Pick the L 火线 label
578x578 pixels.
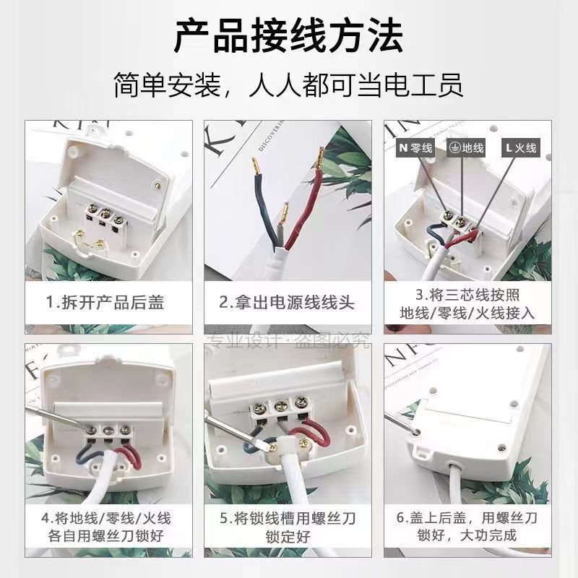[521, 148]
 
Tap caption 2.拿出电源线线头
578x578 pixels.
[288, 301]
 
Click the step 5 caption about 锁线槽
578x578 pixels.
[288, 529]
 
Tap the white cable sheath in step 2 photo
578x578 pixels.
[278, 267]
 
